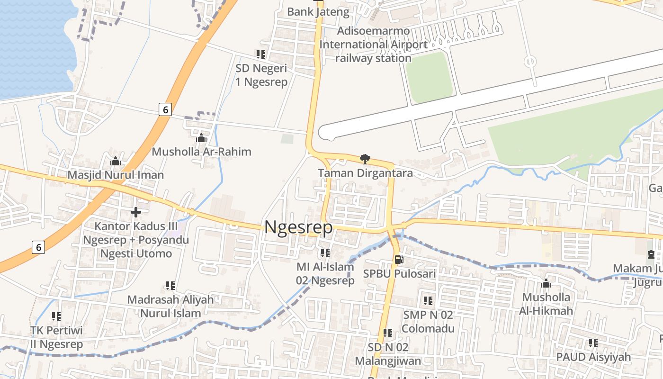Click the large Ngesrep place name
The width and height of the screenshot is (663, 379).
[298, 227]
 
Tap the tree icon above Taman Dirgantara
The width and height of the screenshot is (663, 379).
[365, 159]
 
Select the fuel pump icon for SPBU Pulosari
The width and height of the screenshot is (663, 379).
[399, 260]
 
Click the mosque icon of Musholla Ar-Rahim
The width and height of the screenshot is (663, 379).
[201, 138]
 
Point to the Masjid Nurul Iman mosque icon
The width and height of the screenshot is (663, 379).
[116, 161]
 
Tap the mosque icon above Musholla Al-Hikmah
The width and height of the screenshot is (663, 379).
[546, 283]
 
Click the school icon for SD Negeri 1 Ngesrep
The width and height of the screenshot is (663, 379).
[261, 54]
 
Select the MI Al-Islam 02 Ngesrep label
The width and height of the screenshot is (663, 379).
[325, 273]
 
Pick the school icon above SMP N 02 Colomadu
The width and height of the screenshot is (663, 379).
[428, 300]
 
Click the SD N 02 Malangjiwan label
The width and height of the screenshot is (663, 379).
[388, 354]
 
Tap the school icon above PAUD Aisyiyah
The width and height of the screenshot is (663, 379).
[593, 343]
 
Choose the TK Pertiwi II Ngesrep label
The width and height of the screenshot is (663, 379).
[57, 337]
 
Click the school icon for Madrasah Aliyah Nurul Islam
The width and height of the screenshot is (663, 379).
[170, 286]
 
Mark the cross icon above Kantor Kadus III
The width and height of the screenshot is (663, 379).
[136, 212]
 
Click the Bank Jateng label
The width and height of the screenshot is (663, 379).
[318, 12]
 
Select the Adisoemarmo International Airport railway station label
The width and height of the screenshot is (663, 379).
[373, 45]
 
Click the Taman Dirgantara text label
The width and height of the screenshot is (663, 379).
[365, 173]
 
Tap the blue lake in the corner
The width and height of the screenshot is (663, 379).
[33, 43]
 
